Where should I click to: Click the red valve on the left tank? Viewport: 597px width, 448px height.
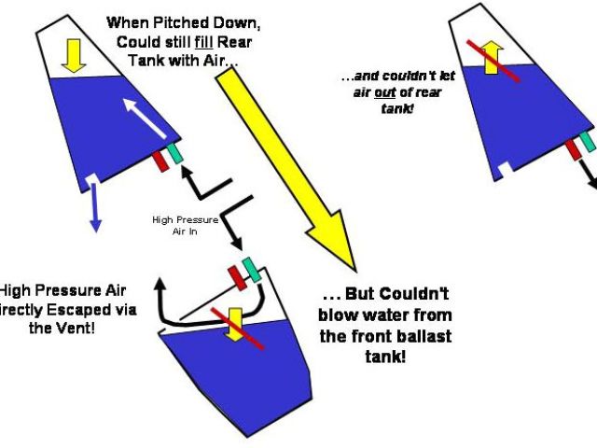coord(160,160)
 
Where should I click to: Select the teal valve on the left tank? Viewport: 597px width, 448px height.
coord(176,152)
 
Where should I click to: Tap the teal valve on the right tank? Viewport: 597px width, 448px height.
coord(588,141)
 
